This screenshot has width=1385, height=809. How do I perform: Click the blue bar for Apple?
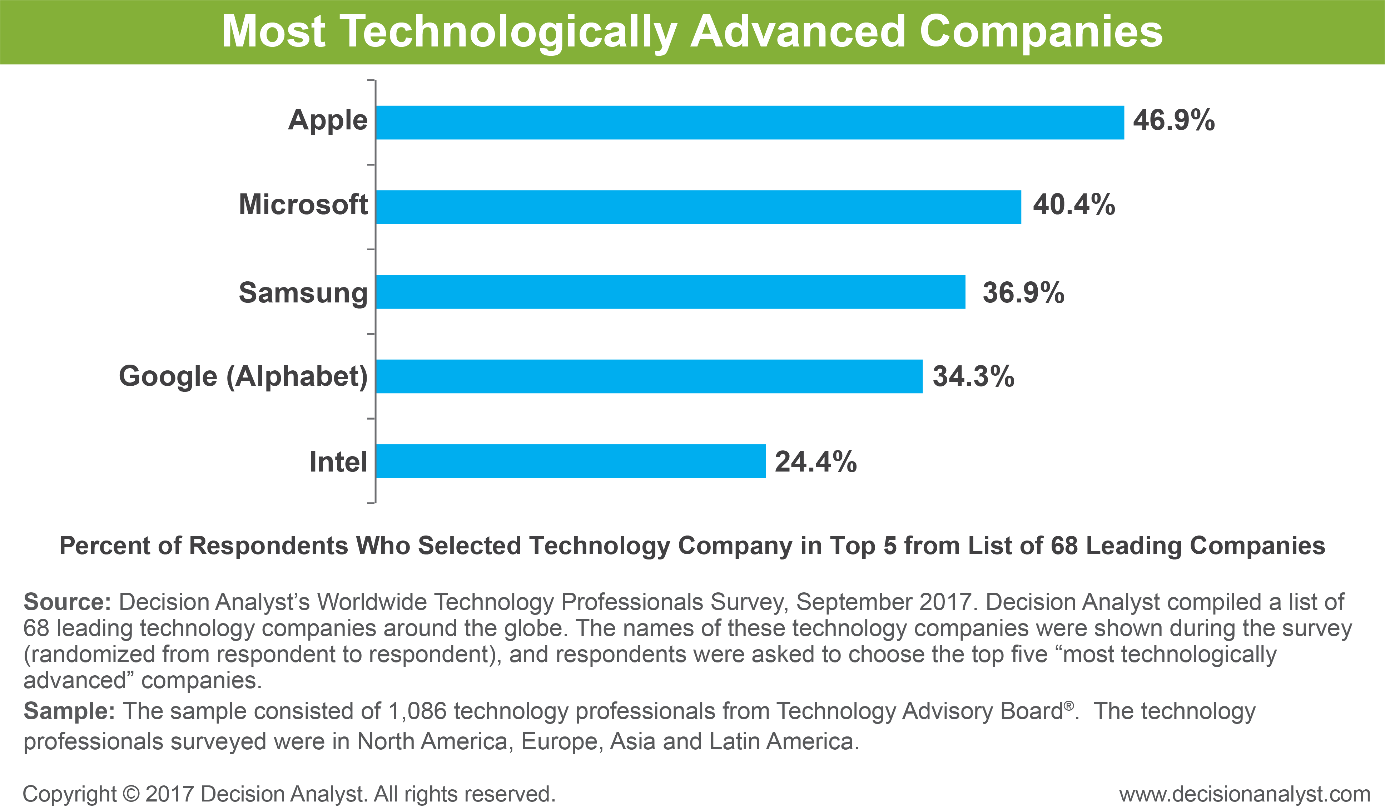[x=750, y=123]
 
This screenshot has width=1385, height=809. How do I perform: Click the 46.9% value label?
[x=1173, y=120]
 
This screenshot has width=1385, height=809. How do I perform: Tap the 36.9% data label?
[x=1023, y=292]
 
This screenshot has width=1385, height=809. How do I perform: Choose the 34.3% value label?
[x=973, y=377]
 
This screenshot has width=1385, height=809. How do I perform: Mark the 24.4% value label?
[x=816, y=462]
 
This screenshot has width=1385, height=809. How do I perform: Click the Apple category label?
[x=328, y=120]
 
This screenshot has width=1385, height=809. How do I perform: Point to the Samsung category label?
[x=303, y=292]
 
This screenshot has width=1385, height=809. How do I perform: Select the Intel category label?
[x=338, y=462]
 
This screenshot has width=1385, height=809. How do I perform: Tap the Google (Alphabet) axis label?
[x=243, y=377]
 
